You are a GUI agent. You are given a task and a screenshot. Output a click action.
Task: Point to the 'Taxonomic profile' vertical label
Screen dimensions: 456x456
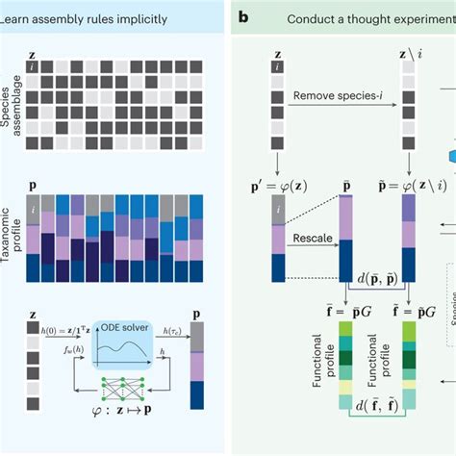[x=10, y=229]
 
